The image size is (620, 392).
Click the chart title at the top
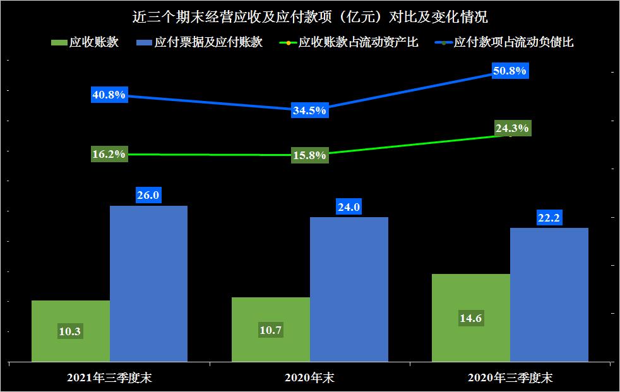tap(310, 16)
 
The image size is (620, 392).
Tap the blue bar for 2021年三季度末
tap(148, 284)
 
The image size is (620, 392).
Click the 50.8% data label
tap(510, 71)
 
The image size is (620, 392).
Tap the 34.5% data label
tap(309, 110)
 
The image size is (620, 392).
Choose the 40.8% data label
tap(109, 95)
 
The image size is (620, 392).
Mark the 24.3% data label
tap(512, 128)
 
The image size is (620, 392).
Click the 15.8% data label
tap(309, 155)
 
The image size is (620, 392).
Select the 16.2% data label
tap(109, 154)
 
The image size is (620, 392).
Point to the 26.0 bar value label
tap(148, 196)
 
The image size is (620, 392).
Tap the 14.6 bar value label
tap(471, 319)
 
